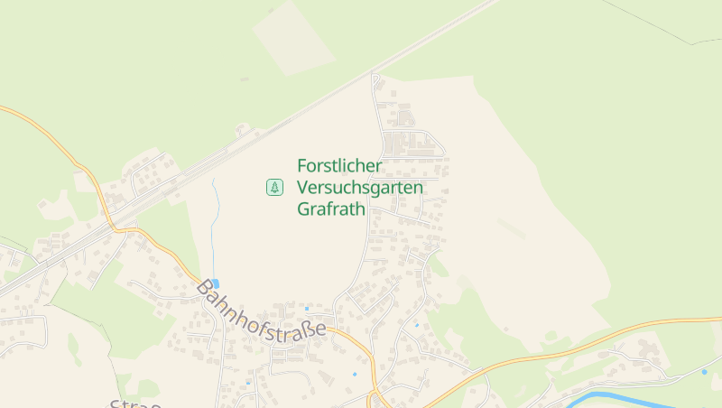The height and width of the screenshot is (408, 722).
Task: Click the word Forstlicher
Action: pos(339,166)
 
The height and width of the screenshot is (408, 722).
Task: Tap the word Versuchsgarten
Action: pos(372,188)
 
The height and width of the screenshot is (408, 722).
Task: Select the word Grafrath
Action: pos(330,209)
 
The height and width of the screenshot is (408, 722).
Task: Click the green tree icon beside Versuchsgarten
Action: pos(274,188)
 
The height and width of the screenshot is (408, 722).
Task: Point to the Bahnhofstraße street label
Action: pos(261,312)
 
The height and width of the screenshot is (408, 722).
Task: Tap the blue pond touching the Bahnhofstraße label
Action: pos(215,283)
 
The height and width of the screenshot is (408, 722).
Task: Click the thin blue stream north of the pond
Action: pos(213,226)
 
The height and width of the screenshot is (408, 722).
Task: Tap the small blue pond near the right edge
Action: pos(704,372)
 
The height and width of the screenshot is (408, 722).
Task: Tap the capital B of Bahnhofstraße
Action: pos(206,290)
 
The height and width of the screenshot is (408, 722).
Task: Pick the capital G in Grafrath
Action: pos(303,209)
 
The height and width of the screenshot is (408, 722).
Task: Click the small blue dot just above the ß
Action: pos(307,309)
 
